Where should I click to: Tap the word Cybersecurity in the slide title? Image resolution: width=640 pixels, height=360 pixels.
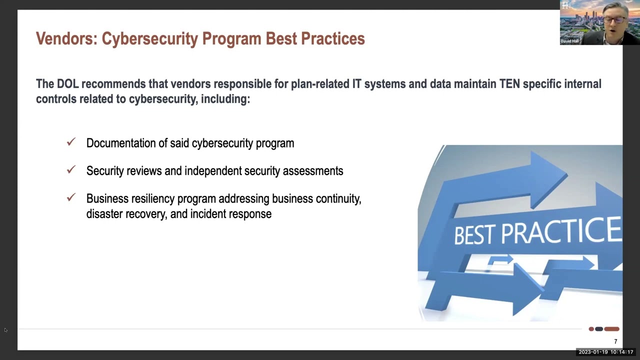click(150, 39)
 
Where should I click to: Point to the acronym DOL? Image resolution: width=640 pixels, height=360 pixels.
click(67, 84)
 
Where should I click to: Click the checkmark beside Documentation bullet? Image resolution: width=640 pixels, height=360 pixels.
click(71, 141)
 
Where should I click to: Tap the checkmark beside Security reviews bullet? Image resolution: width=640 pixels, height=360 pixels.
click(71, 169)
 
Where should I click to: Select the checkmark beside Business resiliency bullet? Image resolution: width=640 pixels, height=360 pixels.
click(71, 197)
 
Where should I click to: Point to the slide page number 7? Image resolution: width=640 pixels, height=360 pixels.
click(615, 341)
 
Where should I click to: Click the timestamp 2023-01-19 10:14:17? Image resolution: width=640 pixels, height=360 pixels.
click(605, 352)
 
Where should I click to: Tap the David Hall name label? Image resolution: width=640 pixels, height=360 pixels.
click(569, 41)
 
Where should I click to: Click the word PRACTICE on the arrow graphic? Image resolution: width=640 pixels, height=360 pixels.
click(561, 230)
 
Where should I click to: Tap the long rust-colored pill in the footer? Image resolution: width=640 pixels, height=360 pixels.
click(611, 329)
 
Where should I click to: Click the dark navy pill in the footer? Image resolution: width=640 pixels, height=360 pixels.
click(599, 329)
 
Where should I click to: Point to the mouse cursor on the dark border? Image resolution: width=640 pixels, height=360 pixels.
click(5, 330)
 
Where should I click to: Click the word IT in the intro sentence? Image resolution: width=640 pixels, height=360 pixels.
click(357, 84)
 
